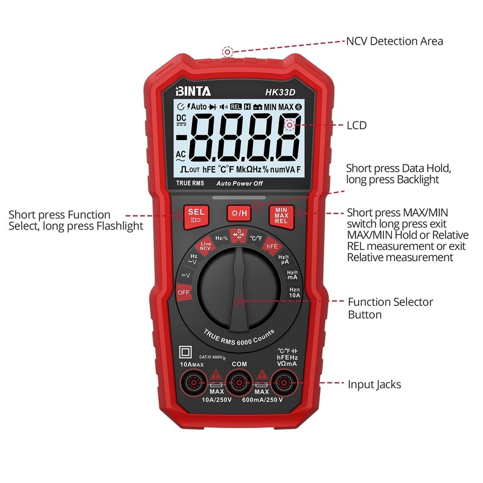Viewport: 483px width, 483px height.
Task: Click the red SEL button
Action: (x=196, y=216)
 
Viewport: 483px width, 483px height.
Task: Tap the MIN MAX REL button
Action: (x=281, y=216)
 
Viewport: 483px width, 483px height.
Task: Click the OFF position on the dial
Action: (x=184, y=292)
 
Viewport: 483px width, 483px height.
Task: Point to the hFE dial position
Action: (x=272, y=246)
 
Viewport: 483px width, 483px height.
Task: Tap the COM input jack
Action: (x=238, y=382)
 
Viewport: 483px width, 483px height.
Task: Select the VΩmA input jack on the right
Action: (x=283, y=382)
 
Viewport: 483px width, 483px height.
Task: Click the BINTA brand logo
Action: (x=193, y=92)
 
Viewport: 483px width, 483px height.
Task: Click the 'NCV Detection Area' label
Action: (x=394, y=41)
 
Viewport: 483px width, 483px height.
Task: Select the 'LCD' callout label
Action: (x=356, y=126)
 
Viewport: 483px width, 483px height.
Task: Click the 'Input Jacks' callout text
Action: (x=374, y=384)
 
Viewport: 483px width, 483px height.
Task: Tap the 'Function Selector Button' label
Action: (x=390, y=308)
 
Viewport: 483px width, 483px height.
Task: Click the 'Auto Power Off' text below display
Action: (x=240, y=183)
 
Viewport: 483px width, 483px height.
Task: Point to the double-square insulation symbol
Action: (x=185, y=353)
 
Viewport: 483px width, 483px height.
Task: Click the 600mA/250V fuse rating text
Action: (x=262, y=400)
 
